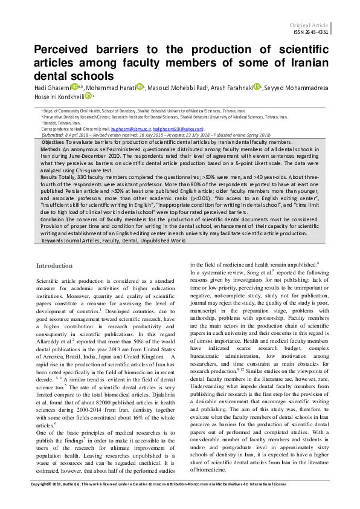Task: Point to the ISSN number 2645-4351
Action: click(315, 32)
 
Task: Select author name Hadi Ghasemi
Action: click(51, 88)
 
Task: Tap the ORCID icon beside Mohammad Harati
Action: click(138, 88)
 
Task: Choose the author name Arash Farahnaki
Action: click(231, 88)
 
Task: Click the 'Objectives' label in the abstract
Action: click(53, 141)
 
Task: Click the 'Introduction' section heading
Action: click(55, 266)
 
